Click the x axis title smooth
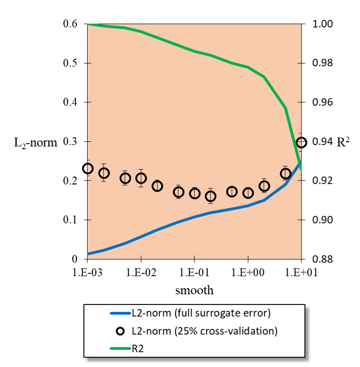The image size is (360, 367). coord(194,291)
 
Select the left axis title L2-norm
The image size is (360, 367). coord(36,143)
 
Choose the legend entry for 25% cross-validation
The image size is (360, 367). coord(204,331)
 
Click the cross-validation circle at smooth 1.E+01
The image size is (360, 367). coord(301,142)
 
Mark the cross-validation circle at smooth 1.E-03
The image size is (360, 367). coord(88,168)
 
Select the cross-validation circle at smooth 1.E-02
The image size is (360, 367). coord(141,178)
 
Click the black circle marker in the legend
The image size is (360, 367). coord(120,331)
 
